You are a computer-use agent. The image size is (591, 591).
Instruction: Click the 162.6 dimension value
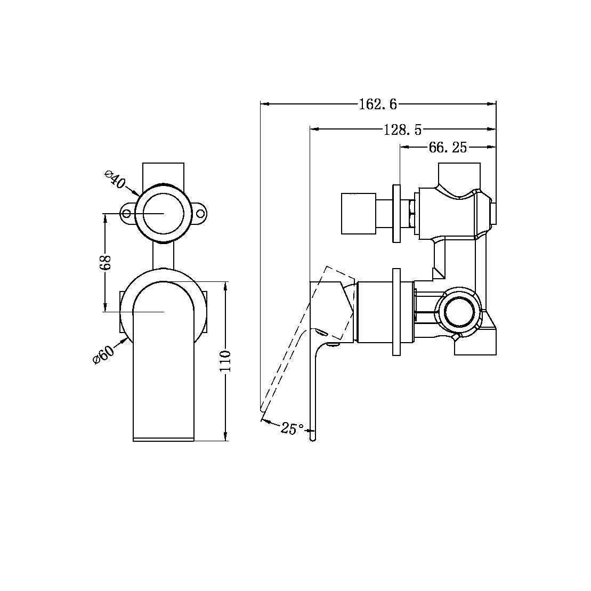[x=377, y=104]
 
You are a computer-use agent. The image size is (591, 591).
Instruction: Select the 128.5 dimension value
[x=402, y=129]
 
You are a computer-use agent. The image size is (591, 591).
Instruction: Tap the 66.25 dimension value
[x=448, y=147]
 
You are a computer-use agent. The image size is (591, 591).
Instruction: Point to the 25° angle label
[x=293, y=428]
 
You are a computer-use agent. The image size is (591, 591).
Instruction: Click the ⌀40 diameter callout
[x=115, y=179]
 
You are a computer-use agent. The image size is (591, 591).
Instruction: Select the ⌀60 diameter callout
[x=104, y=353]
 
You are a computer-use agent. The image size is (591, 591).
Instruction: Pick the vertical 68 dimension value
[x=106, y=262]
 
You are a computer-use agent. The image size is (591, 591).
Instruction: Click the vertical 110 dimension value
[x=226, y=361]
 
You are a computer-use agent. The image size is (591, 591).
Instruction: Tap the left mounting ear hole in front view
[x=127, y=214]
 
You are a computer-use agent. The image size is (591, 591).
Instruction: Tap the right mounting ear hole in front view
[x=200, y=214]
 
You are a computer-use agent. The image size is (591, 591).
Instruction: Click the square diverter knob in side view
[x=358, y=213]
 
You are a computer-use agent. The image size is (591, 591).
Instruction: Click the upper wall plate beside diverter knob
[x=396, y=213]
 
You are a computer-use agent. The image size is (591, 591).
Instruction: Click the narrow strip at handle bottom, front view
[x=163, y=439]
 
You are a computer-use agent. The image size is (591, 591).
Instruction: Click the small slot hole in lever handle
[x=321, y=333]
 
